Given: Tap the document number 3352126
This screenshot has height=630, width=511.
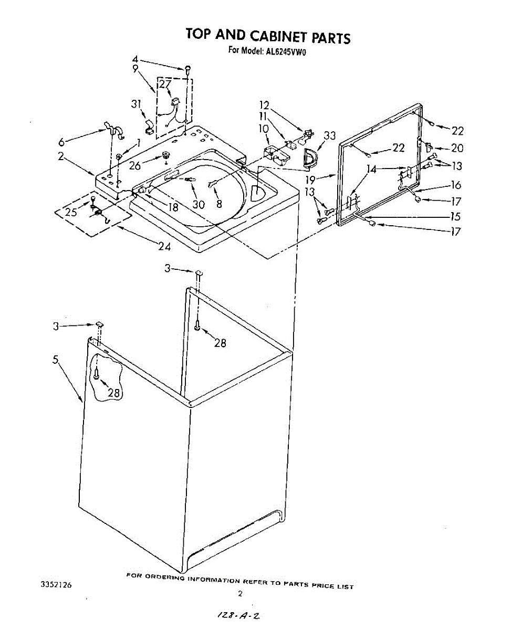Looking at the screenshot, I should (x=56, y=584).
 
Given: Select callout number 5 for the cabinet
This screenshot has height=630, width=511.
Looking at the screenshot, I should (x=56, y=360).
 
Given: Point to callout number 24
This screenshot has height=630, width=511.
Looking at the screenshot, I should (x=164, y=246).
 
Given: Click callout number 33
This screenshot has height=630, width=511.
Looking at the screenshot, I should (x=329, y=136).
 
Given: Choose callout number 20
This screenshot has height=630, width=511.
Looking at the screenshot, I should (x=457, y=149).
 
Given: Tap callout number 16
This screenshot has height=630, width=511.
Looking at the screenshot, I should (x=456, y=185).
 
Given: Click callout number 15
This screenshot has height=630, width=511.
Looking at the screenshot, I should (x=455, y=215).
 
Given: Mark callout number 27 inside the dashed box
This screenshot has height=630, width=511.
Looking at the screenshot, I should (x=165, y=84).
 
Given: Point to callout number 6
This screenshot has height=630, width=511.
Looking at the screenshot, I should (x=61, y=142).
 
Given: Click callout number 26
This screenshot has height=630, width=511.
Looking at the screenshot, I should (x=134, y=165).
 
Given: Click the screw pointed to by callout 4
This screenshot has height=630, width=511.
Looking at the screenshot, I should (x=187, y=68).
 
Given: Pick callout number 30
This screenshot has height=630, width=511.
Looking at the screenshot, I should (x=198, y=205).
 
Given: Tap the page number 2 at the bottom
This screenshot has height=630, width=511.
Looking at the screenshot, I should (x=240, y=594).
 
